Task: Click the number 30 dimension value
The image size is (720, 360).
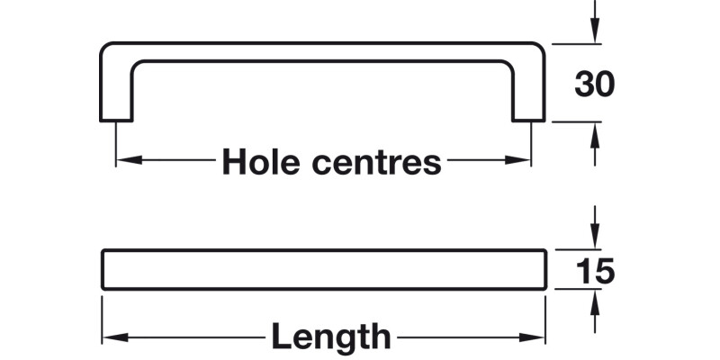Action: (594, 84)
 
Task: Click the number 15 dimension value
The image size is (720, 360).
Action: (594, 270)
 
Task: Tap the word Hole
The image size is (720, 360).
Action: (260, 162)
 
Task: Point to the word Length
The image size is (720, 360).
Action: (331, 337)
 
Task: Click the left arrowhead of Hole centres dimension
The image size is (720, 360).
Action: (124, 161)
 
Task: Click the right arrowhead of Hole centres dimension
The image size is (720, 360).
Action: (523, 161)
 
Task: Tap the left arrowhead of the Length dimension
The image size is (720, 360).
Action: (110, 338)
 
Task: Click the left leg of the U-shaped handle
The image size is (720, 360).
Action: (115, 90)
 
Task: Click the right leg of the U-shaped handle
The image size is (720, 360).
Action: (529, 90)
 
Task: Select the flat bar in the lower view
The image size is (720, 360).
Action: (324, 269)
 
